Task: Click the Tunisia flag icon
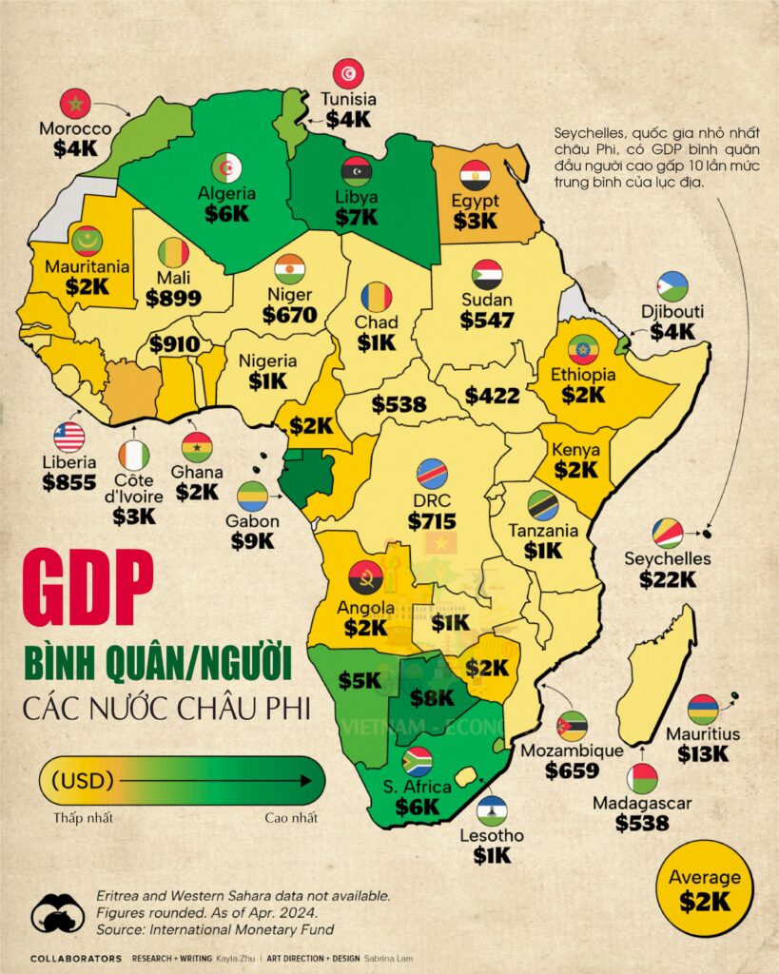348,74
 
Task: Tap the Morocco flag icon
75,104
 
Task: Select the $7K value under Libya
356,217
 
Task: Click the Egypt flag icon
475,175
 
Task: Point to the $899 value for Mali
173,298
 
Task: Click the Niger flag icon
289,269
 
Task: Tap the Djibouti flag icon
672,286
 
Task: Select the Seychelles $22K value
669,578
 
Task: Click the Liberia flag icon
69,438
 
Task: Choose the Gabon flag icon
252,497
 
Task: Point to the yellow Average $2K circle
705,888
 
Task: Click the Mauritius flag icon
703,710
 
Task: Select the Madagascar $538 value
642,823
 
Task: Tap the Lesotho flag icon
492,810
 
